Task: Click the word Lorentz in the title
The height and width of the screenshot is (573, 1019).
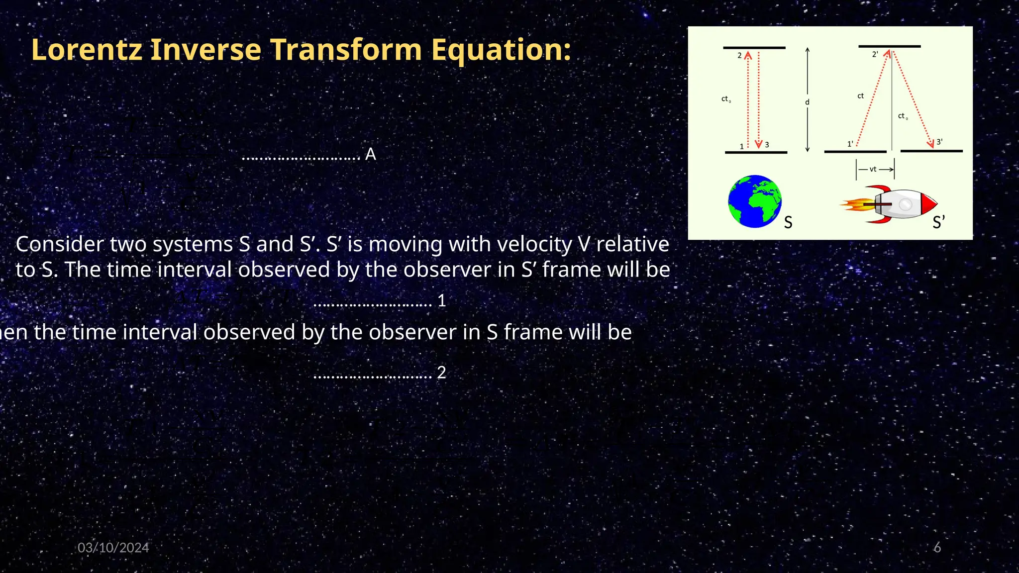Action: tap(86, 50)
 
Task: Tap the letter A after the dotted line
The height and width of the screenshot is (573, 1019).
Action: tap(371, 155)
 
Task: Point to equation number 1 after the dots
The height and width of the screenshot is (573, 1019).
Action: tap(441, 300)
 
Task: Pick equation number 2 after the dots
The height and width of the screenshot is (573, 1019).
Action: tap(441, 373)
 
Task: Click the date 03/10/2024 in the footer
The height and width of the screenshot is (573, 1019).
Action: tap(113, 548)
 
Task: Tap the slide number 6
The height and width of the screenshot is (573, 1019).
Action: tap(937, 548)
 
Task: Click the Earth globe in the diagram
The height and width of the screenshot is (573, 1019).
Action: tap(754, 201)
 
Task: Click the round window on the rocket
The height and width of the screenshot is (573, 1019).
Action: tap(905, 204)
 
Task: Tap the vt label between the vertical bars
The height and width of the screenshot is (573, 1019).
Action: tap(873, 170)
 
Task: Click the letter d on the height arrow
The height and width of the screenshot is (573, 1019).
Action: tap(807, 102)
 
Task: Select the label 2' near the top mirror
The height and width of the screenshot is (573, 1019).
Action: tap(875, 54)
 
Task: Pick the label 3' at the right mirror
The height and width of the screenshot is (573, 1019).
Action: tap(939, 142)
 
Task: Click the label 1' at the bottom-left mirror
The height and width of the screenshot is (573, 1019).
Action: tap(850, 144)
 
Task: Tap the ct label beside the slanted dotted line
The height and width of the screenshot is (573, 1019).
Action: tap(860, 96)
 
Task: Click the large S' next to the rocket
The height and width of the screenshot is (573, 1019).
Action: tap(938, 222)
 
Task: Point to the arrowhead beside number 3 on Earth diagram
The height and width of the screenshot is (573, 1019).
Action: tap(759, 145)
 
